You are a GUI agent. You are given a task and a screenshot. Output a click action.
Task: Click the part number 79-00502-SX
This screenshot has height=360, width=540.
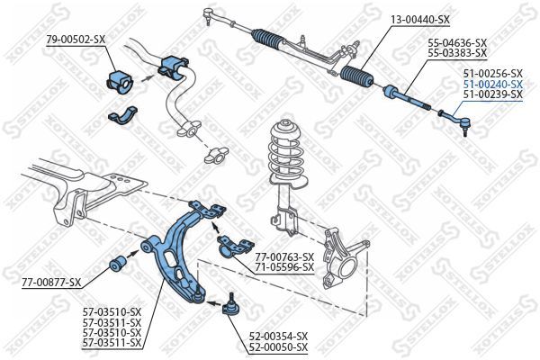(75, 39)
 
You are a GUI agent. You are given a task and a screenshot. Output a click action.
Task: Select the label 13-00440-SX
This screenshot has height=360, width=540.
(419, 20)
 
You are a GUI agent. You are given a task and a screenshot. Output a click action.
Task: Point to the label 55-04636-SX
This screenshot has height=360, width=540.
(456, 43)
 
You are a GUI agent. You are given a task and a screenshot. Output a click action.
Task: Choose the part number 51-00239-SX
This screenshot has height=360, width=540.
(492, 93)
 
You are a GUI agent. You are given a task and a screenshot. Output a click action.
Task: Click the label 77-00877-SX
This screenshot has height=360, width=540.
(51, 283)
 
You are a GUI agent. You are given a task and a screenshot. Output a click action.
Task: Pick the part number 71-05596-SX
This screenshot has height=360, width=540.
(283, 267)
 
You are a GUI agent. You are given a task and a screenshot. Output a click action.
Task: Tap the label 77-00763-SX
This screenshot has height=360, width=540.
(283, 256)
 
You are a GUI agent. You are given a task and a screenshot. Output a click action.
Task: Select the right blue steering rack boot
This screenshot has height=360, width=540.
(358, 77)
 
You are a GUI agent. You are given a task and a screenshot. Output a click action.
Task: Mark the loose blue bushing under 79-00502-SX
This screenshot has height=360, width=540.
(119, 78)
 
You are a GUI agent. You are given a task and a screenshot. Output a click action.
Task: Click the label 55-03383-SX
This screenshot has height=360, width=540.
(456, 54)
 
